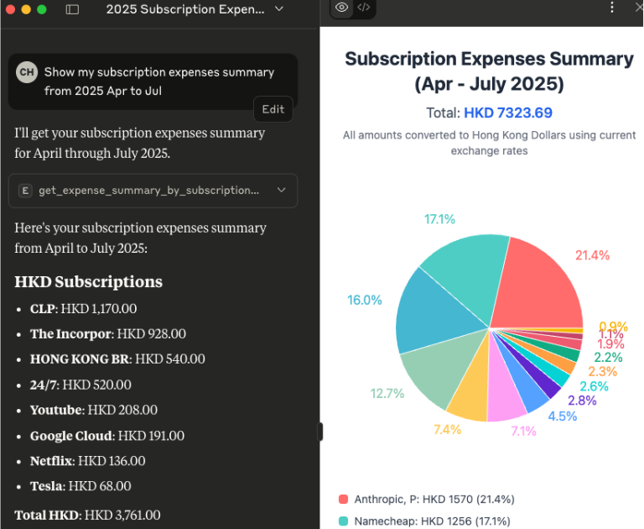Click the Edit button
pyautogui.click(x=273, y=109)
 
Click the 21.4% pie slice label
pyautogui.click(x=592, y=255)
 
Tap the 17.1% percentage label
pyautogui.click(x=439, y=219)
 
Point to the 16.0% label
pyautogui.click(x=365, y=300)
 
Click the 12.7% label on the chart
pyautogui.click(x=387, y=393)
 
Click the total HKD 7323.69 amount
pyautogui.click(x=508, y=113)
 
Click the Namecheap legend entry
pyautogui.click(x=427, y=521)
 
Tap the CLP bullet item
pyautogui.click(x=84, y=309)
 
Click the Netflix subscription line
pyautogui.click(x=87, y=461)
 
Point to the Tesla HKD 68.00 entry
pyautogui.click(x=82, y=486)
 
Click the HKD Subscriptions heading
pyautogui.click(x=88, y=282)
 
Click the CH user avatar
pyautogui.click(x=27, y=72)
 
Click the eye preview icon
pyautogui.click(x=341, y=8)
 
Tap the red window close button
pyautogui.click(x=9, y=9)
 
